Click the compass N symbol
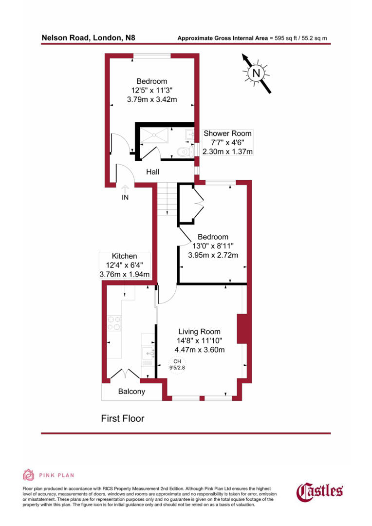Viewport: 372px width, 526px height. click(x=257, y=74)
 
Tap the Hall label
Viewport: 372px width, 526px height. click(x=153, y=172)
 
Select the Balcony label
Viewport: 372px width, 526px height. click(x=132, y=392)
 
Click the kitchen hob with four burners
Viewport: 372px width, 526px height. click(x=114, y=323)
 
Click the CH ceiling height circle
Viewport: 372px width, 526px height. click(x=178, y=364)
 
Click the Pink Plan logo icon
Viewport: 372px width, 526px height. click(x=29, y=475)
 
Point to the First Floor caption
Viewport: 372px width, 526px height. click(x=123, y=418)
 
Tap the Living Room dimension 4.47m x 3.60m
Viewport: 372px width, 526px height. click(x=199, y=350)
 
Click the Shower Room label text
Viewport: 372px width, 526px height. click(x=228, y=133)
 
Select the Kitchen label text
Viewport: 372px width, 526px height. click(x=124, y=256)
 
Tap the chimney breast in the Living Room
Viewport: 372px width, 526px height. click(x=242, y=329)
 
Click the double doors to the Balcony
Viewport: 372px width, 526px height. click(x=126, y=374)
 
